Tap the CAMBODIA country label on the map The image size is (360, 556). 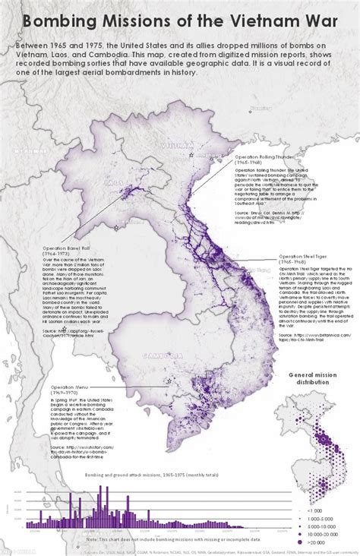(x=159, y=354)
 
